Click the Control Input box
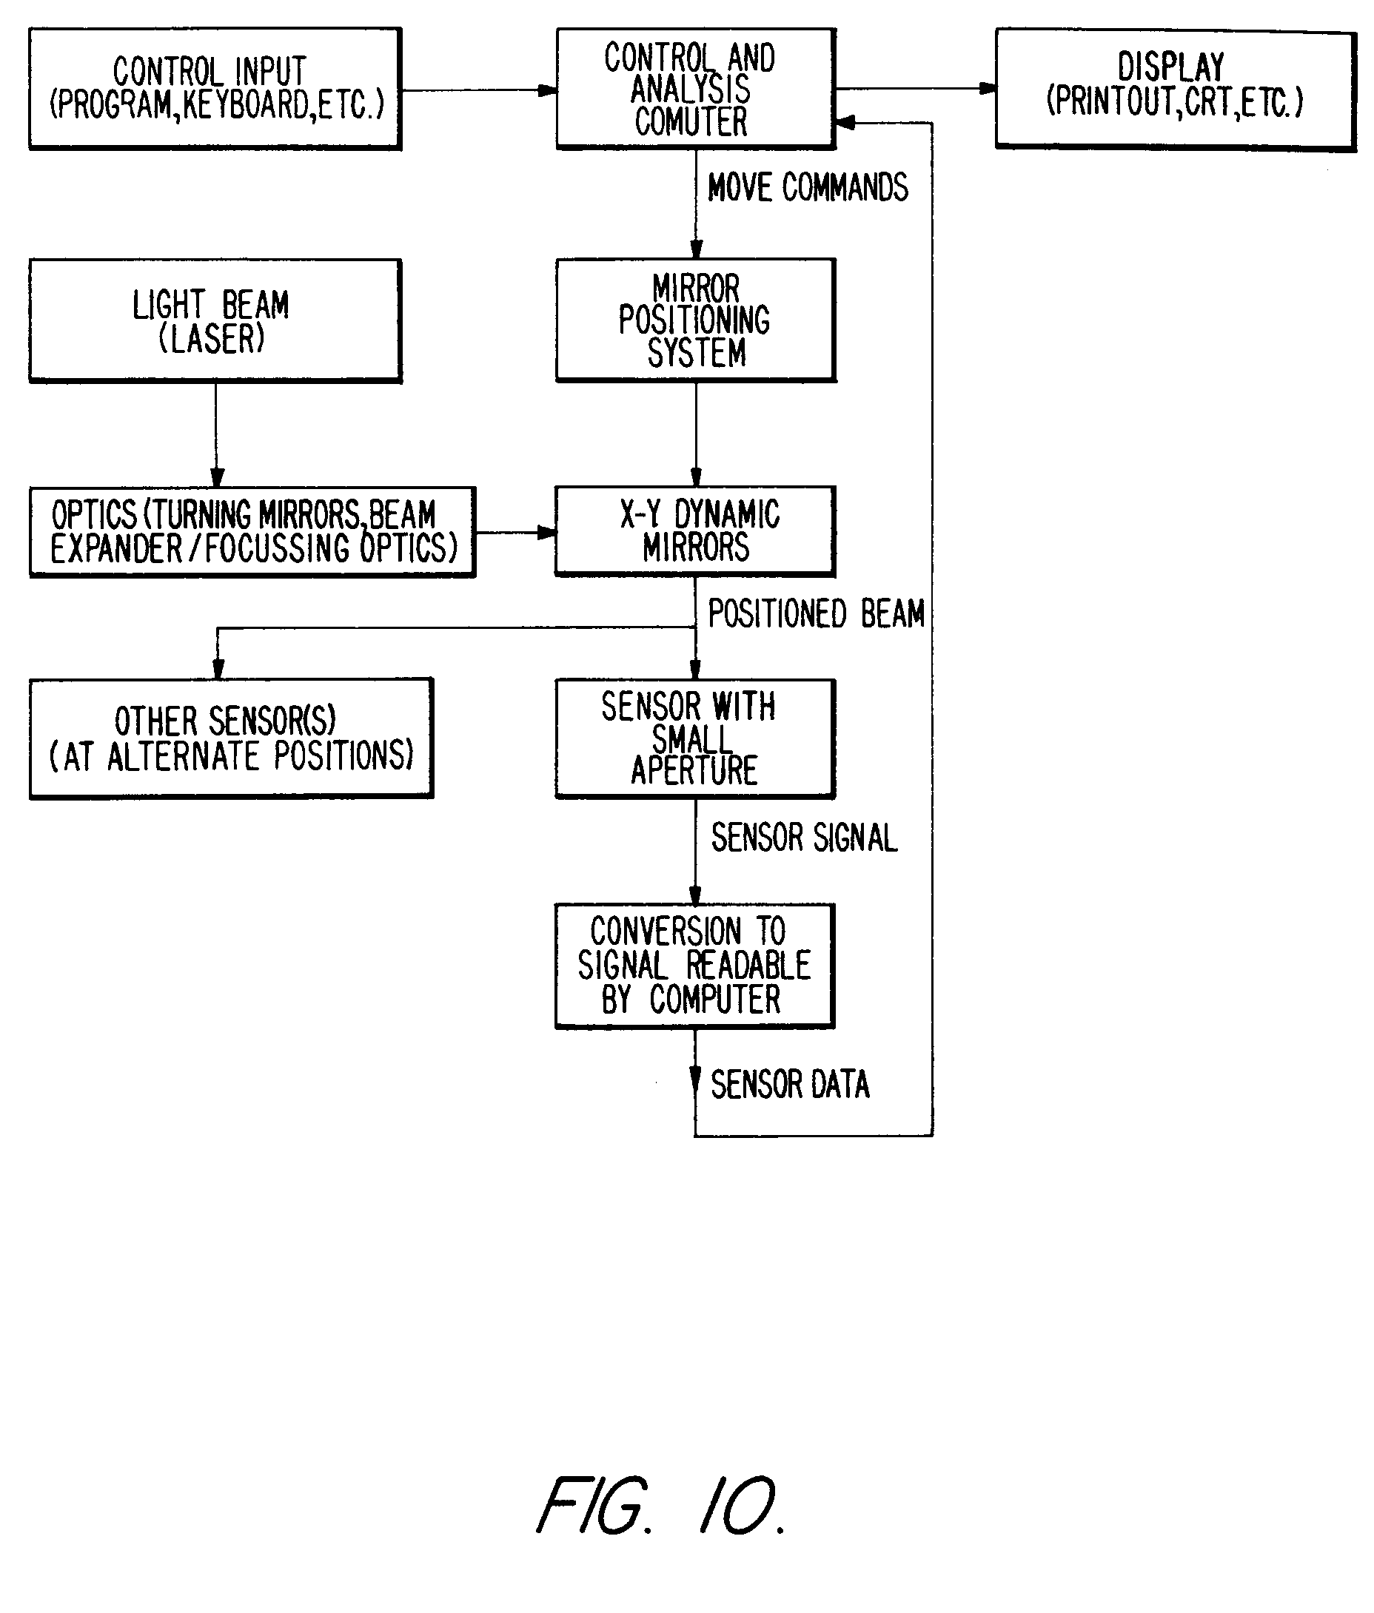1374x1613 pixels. [x=215, y=89]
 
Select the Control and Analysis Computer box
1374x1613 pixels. [x=696, y=89]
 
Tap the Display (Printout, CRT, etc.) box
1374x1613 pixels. [x=1175, y=89]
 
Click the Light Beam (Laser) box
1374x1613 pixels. [x=215, y=320]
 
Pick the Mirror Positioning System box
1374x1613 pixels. [x=696, y=320]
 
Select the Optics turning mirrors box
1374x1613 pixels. [x=252, y=532]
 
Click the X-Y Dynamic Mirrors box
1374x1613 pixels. [x=695, y=531]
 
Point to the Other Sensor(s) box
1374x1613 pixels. [x=231, y=738]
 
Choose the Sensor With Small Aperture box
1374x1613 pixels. [x=695, y=738]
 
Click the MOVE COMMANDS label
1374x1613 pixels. [x=808, y=188]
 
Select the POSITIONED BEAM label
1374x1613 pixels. [x=816, y=613]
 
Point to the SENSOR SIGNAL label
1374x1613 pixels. [x=804, y=838]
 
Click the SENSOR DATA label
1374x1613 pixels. [x=790, y=1085]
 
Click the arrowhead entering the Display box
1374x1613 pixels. [x=987, y=89]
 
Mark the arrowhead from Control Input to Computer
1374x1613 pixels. [x=548, y=90]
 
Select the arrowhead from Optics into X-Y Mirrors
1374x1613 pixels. [x=547, y=533]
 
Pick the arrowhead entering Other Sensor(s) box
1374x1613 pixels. [x=218, y=669]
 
